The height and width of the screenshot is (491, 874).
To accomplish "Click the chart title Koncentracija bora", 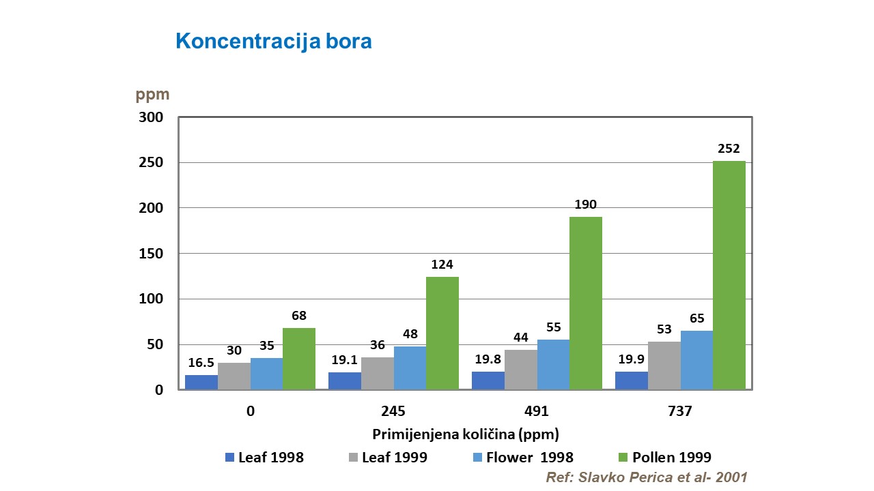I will [273, 41].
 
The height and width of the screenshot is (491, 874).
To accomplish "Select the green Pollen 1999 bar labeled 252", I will [729, 276].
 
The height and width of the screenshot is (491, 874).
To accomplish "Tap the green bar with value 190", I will [585, 303].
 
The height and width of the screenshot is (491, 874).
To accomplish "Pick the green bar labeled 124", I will [442, 333].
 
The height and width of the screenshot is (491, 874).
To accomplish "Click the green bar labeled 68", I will [298, 359].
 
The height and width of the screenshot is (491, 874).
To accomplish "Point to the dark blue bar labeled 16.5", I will [201, 383].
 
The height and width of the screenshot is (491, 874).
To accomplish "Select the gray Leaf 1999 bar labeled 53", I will [664, 366].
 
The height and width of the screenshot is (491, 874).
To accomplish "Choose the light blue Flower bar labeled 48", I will [410, 368].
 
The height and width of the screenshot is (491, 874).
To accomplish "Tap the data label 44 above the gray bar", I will [520, 338].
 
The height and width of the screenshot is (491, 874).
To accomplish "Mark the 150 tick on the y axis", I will [152, 254].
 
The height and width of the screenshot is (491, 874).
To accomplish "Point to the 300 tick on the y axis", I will [152, 117].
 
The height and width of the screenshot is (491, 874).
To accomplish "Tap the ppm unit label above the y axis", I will [152, 95].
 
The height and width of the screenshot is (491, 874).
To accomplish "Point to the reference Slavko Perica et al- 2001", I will [647, 477].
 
